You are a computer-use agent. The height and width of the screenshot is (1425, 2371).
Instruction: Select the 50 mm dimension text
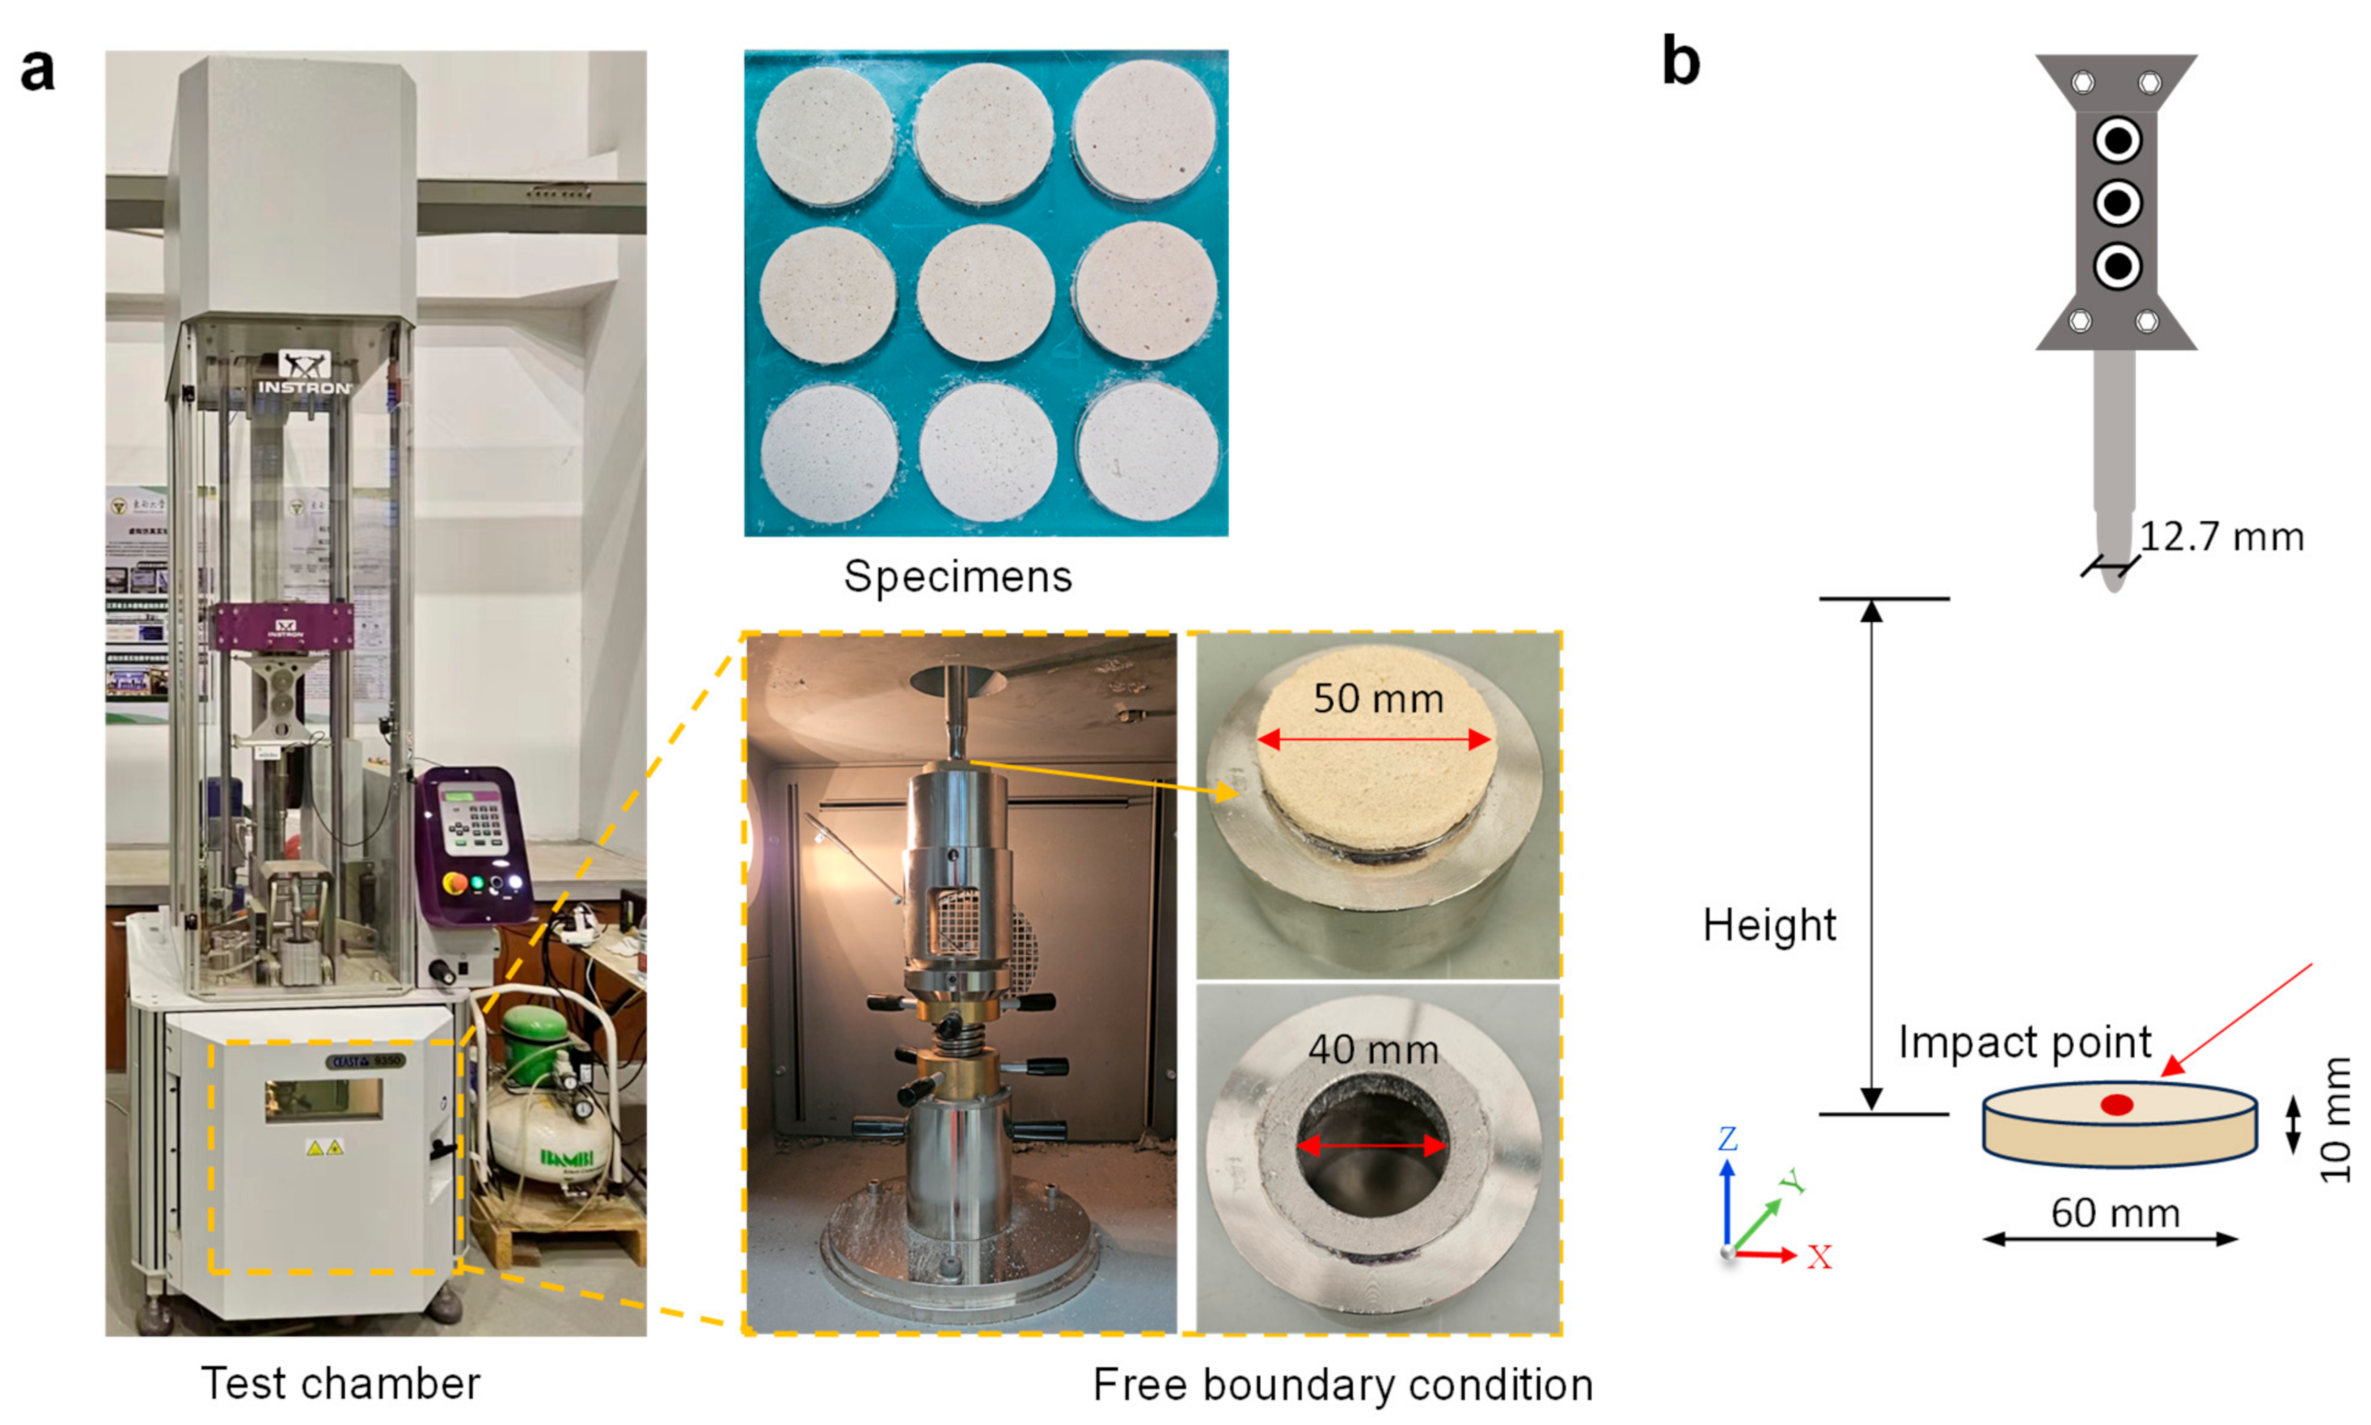click(1377, 699)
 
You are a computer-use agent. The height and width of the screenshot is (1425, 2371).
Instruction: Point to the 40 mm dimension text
click(1372, 1050)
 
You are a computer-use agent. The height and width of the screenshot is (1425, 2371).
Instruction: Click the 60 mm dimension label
click(2115, 1214)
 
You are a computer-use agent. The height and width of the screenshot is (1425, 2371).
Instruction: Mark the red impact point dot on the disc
click(2115, 1106)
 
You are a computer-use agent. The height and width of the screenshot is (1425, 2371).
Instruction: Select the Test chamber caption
click(340, 1384)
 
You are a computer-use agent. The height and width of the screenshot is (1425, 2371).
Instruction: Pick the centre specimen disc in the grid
click(985, 292)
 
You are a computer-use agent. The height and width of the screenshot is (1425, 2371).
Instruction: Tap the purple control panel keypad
click(477, 824)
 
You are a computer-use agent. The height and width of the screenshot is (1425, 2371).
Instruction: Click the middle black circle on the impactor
click(2116, 203)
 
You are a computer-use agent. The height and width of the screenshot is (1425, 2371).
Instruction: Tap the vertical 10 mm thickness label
click(2335, 1119)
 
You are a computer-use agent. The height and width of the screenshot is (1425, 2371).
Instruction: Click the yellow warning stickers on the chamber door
click(323, 1147)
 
